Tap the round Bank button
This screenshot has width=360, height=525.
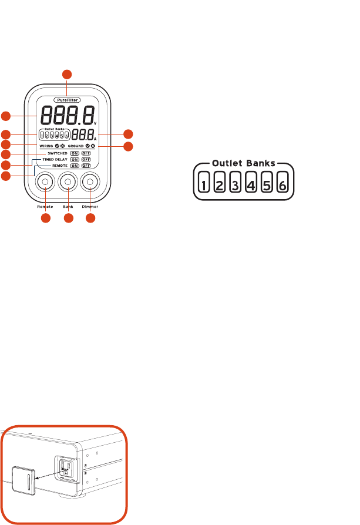click(68, 183)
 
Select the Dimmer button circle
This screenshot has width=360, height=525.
click(90, 183)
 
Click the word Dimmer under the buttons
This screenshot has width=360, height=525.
click(90, 207)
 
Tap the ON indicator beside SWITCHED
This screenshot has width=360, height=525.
click(74, 153)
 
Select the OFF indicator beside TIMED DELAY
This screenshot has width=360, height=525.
click(86, 159)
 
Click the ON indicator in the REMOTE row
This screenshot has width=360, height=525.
click(74, 166)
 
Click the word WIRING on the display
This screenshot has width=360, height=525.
click(47, 144)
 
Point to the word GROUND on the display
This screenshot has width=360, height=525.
click(75, 144)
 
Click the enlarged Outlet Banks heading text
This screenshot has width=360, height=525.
click(243, 164)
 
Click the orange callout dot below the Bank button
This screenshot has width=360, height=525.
click(68, 219)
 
